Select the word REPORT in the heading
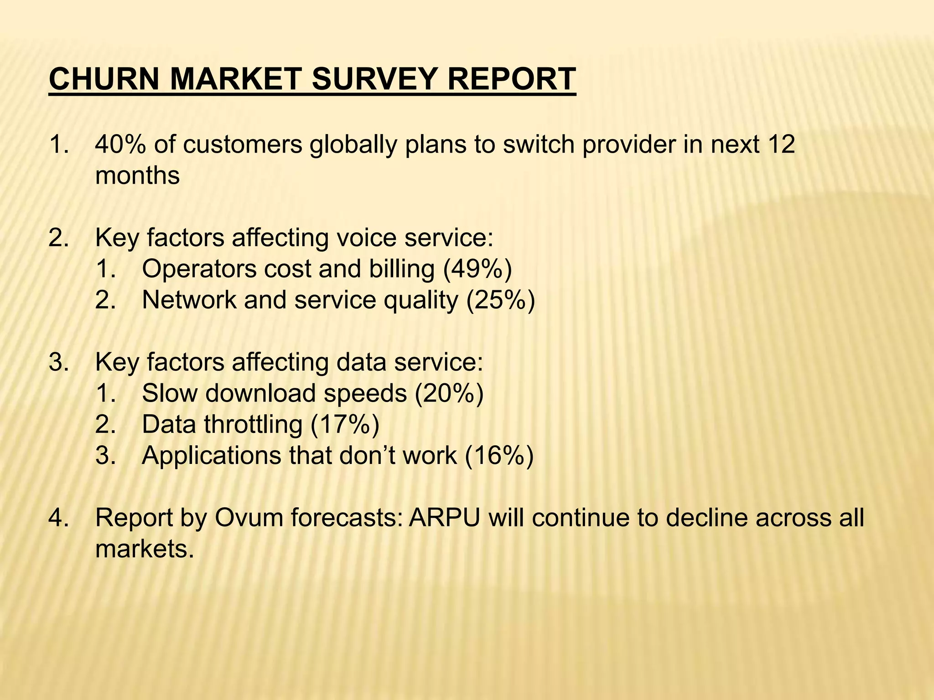pyautogui.click(x=511, y=79)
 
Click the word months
pyautogui.click(x=137, y=175)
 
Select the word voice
pyautogui.click(x=366, y=238)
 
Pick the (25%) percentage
pyautogui.click(x=500, y=300)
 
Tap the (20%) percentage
pyautogui.click(x=449, y=393)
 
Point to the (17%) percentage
pyautogui.click(x=345, y=424)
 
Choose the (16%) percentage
pyautogui.click(x=499, y=455)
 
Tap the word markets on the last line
pyautogui.click(x=141, y=549)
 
